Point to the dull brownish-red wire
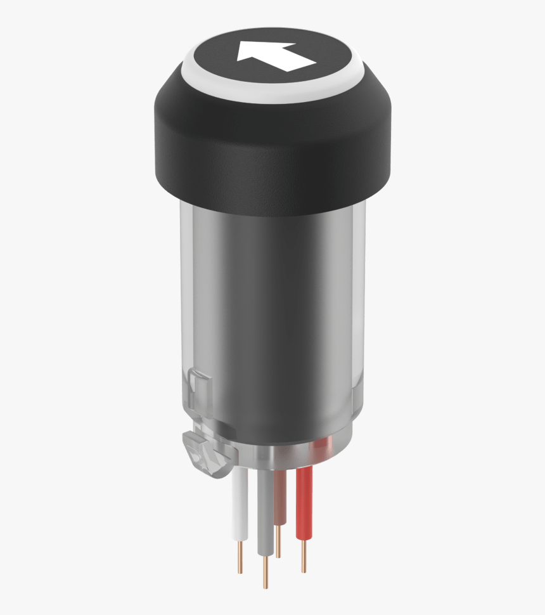[281, 495]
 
